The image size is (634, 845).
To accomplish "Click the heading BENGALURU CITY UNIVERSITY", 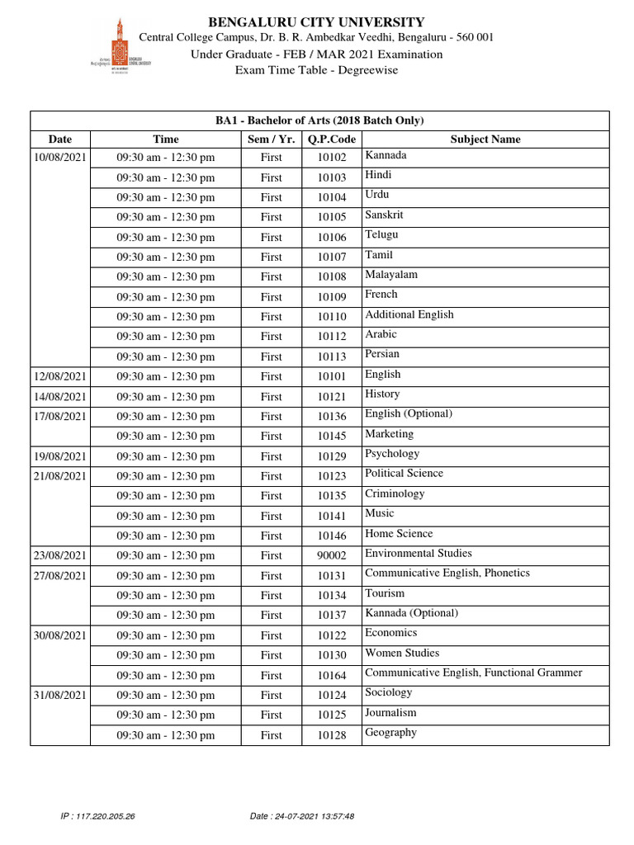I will pos(317,22).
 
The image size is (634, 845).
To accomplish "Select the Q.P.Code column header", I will pos(330,139).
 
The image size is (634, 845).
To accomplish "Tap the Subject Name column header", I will pos(485,139).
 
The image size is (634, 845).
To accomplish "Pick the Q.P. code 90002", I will pos(331,556).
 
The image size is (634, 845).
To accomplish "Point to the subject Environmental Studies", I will pos(419,554).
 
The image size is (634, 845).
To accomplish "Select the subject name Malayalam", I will pos(391,275).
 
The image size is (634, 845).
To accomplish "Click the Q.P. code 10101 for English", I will pos(331,377).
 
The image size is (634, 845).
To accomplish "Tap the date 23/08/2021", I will pos(60,556).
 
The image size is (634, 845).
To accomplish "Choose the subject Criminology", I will pos(395,493).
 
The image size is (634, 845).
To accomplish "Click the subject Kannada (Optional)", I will pos(411,613).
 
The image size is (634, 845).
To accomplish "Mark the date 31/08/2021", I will pos(60,695).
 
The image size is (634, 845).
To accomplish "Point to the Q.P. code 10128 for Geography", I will pos(331,735).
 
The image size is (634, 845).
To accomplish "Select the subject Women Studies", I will pos(402,653).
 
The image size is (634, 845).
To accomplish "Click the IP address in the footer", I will pos(97,816).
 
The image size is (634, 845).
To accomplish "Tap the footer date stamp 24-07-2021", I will pos(301,816).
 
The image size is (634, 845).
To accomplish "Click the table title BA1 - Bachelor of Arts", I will pos(319,120).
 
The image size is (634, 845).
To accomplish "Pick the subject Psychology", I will pos(392,454).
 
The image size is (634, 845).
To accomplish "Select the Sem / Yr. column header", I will pos(271,139).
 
